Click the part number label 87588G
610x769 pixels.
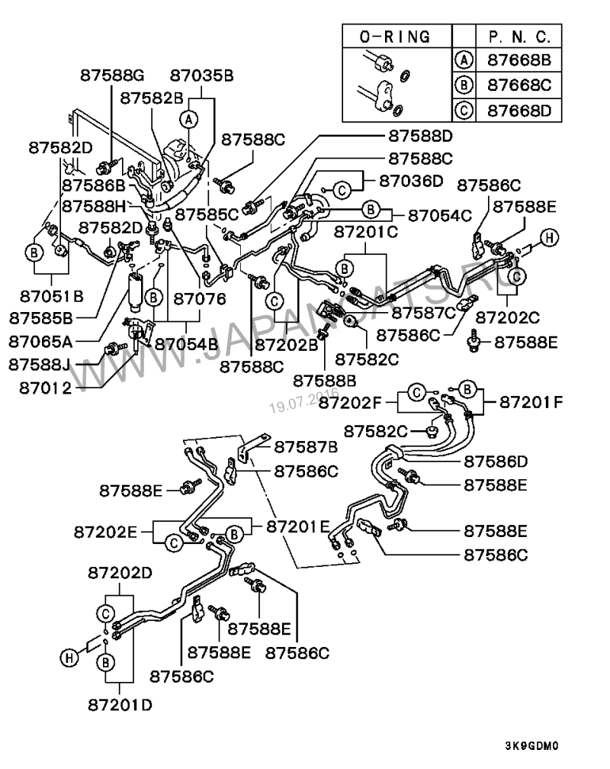click(x=112, y=76)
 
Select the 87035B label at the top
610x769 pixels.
click(x=201, y=76)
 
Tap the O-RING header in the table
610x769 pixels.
click(x=394, y=36)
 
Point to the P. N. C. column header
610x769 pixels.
click(x=518, y=36)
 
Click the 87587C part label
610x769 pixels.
click(x=422, y=312)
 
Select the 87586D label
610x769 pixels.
click(x=496, y=462)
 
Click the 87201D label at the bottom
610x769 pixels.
click(x=120, y=704)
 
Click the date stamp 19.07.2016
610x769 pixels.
click(x=303, y=399)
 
